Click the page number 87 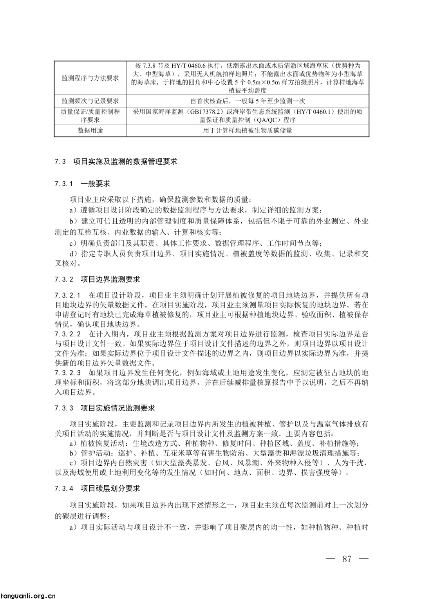(347, 559)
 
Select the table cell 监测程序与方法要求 (90, 78)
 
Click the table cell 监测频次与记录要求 (90, 101)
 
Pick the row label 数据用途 (90, 131)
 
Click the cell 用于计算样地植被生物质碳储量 (248, 131)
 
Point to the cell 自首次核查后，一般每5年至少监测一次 (248, 101)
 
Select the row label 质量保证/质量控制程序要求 (90, 116)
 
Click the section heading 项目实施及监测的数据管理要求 (125, 162)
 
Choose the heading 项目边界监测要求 (110, 280)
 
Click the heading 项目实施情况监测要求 (118, 408)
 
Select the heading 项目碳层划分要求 (110, 488)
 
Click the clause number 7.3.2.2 (67, 334)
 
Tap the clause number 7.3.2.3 (67, 372)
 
